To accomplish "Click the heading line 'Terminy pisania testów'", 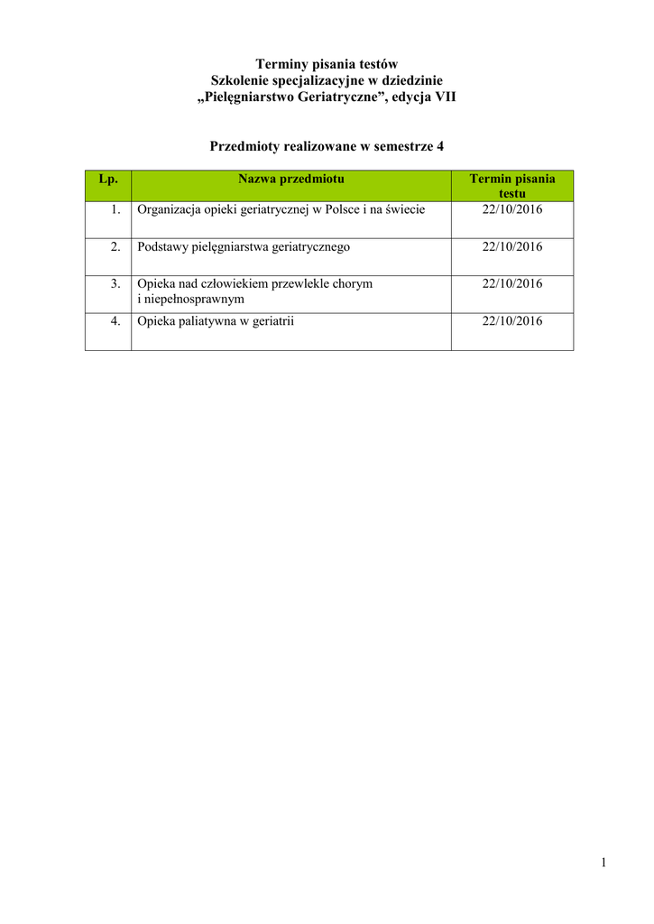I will (x=327, y=64).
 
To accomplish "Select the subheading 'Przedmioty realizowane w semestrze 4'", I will (x=327, y=145).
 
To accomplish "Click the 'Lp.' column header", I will (x=108, y=180).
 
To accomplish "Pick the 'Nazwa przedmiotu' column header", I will (x=291, y=180).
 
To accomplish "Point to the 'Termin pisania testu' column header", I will (x=512, y=186).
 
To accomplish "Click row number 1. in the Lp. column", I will (x=115, y=209).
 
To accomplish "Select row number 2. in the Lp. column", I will (x=115, y=246).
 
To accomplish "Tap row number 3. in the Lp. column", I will (x=115, y=283).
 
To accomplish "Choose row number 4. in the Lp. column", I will (x=115, y=320).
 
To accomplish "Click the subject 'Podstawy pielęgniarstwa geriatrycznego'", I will (x=244, y=246).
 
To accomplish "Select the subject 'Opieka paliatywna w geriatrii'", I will (x=216, y=320).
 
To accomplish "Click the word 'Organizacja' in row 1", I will (x=168, y=209).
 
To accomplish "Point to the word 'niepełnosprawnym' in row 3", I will (x=193, y=299).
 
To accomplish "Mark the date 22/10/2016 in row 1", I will (x=512, y=209).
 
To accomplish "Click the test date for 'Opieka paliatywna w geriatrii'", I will (x=512, y=320).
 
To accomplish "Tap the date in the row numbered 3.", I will (x=512, y=283).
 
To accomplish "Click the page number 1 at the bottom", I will (x=603, y=864).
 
